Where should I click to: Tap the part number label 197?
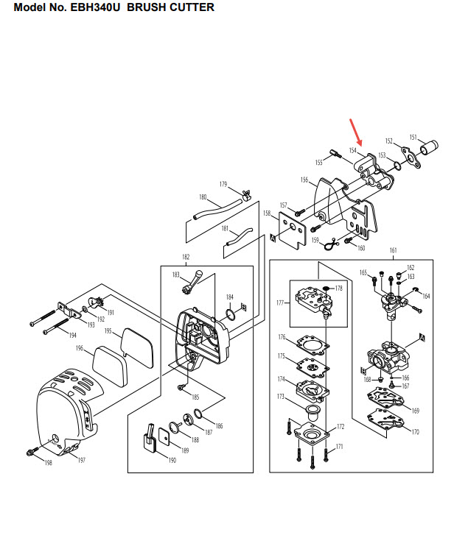[x=81, y=460]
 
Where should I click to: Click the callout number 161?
[x=392, y=251]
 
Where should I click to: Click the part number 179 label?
[x=223, y=183]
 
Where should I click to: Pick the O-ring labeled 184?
[x=231, y=315]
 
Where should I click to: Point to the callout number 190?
[x=172, y=461]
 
